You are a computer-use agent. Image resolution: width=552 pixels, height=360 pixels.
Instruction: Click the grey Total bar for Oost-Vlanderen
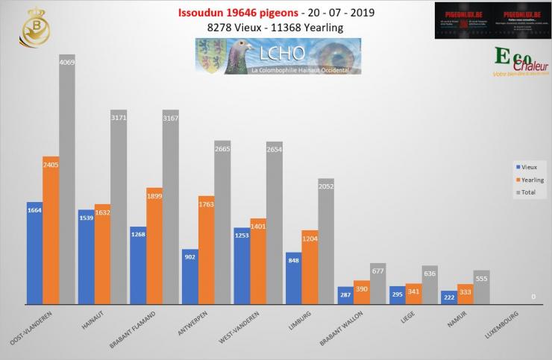coord(67,179)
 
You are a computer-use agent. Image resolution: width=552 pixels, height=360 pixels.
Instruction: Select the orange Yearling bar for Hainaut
coord(102,253)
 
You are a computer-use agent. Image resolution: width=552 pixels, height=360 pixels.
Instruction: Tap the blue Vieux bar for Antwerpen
coord(189,276)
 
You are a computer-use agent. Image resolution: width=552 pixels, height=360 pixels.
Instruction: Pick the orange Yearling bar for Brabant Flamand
coord(154,246)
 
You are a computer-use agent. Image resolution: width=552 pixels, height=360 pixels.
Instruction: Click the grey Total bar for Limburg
coord(326,241)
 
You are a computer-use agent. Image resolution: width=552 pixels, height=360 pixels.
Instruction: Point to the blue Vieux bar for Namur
coord(448,297)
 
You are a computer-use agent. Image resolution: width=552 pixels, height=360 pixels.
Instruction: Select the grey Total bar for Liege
coord(430,285)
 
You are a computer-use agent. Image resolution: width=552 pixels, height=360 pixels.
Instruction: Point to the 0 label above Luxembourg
coord(533,297)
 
